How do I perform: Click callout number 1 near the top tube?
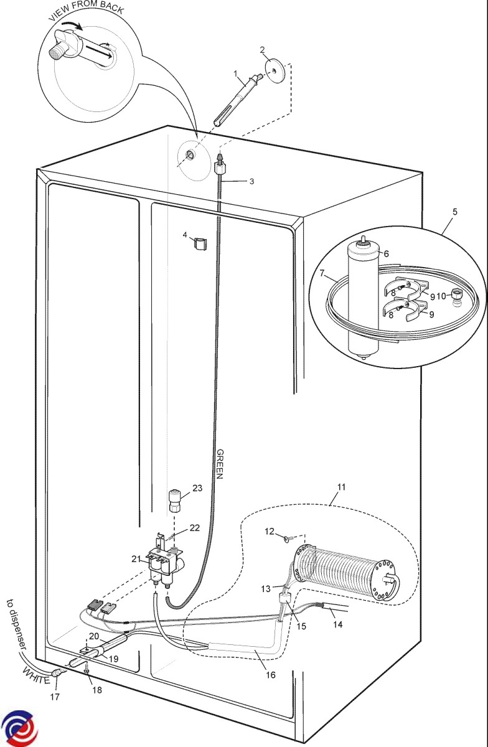click(237, 73)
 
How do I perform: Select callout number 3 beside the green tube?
click(251, 182)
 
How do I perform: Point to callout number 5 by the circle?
click(455, 212)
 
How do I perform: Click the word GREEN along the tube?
click(219, 463)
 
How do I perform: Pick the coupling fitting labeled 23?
click(176, 500)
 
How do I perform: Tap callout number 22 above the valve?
click(195, 528)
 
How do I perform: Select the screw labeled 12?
click(287, 537)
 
